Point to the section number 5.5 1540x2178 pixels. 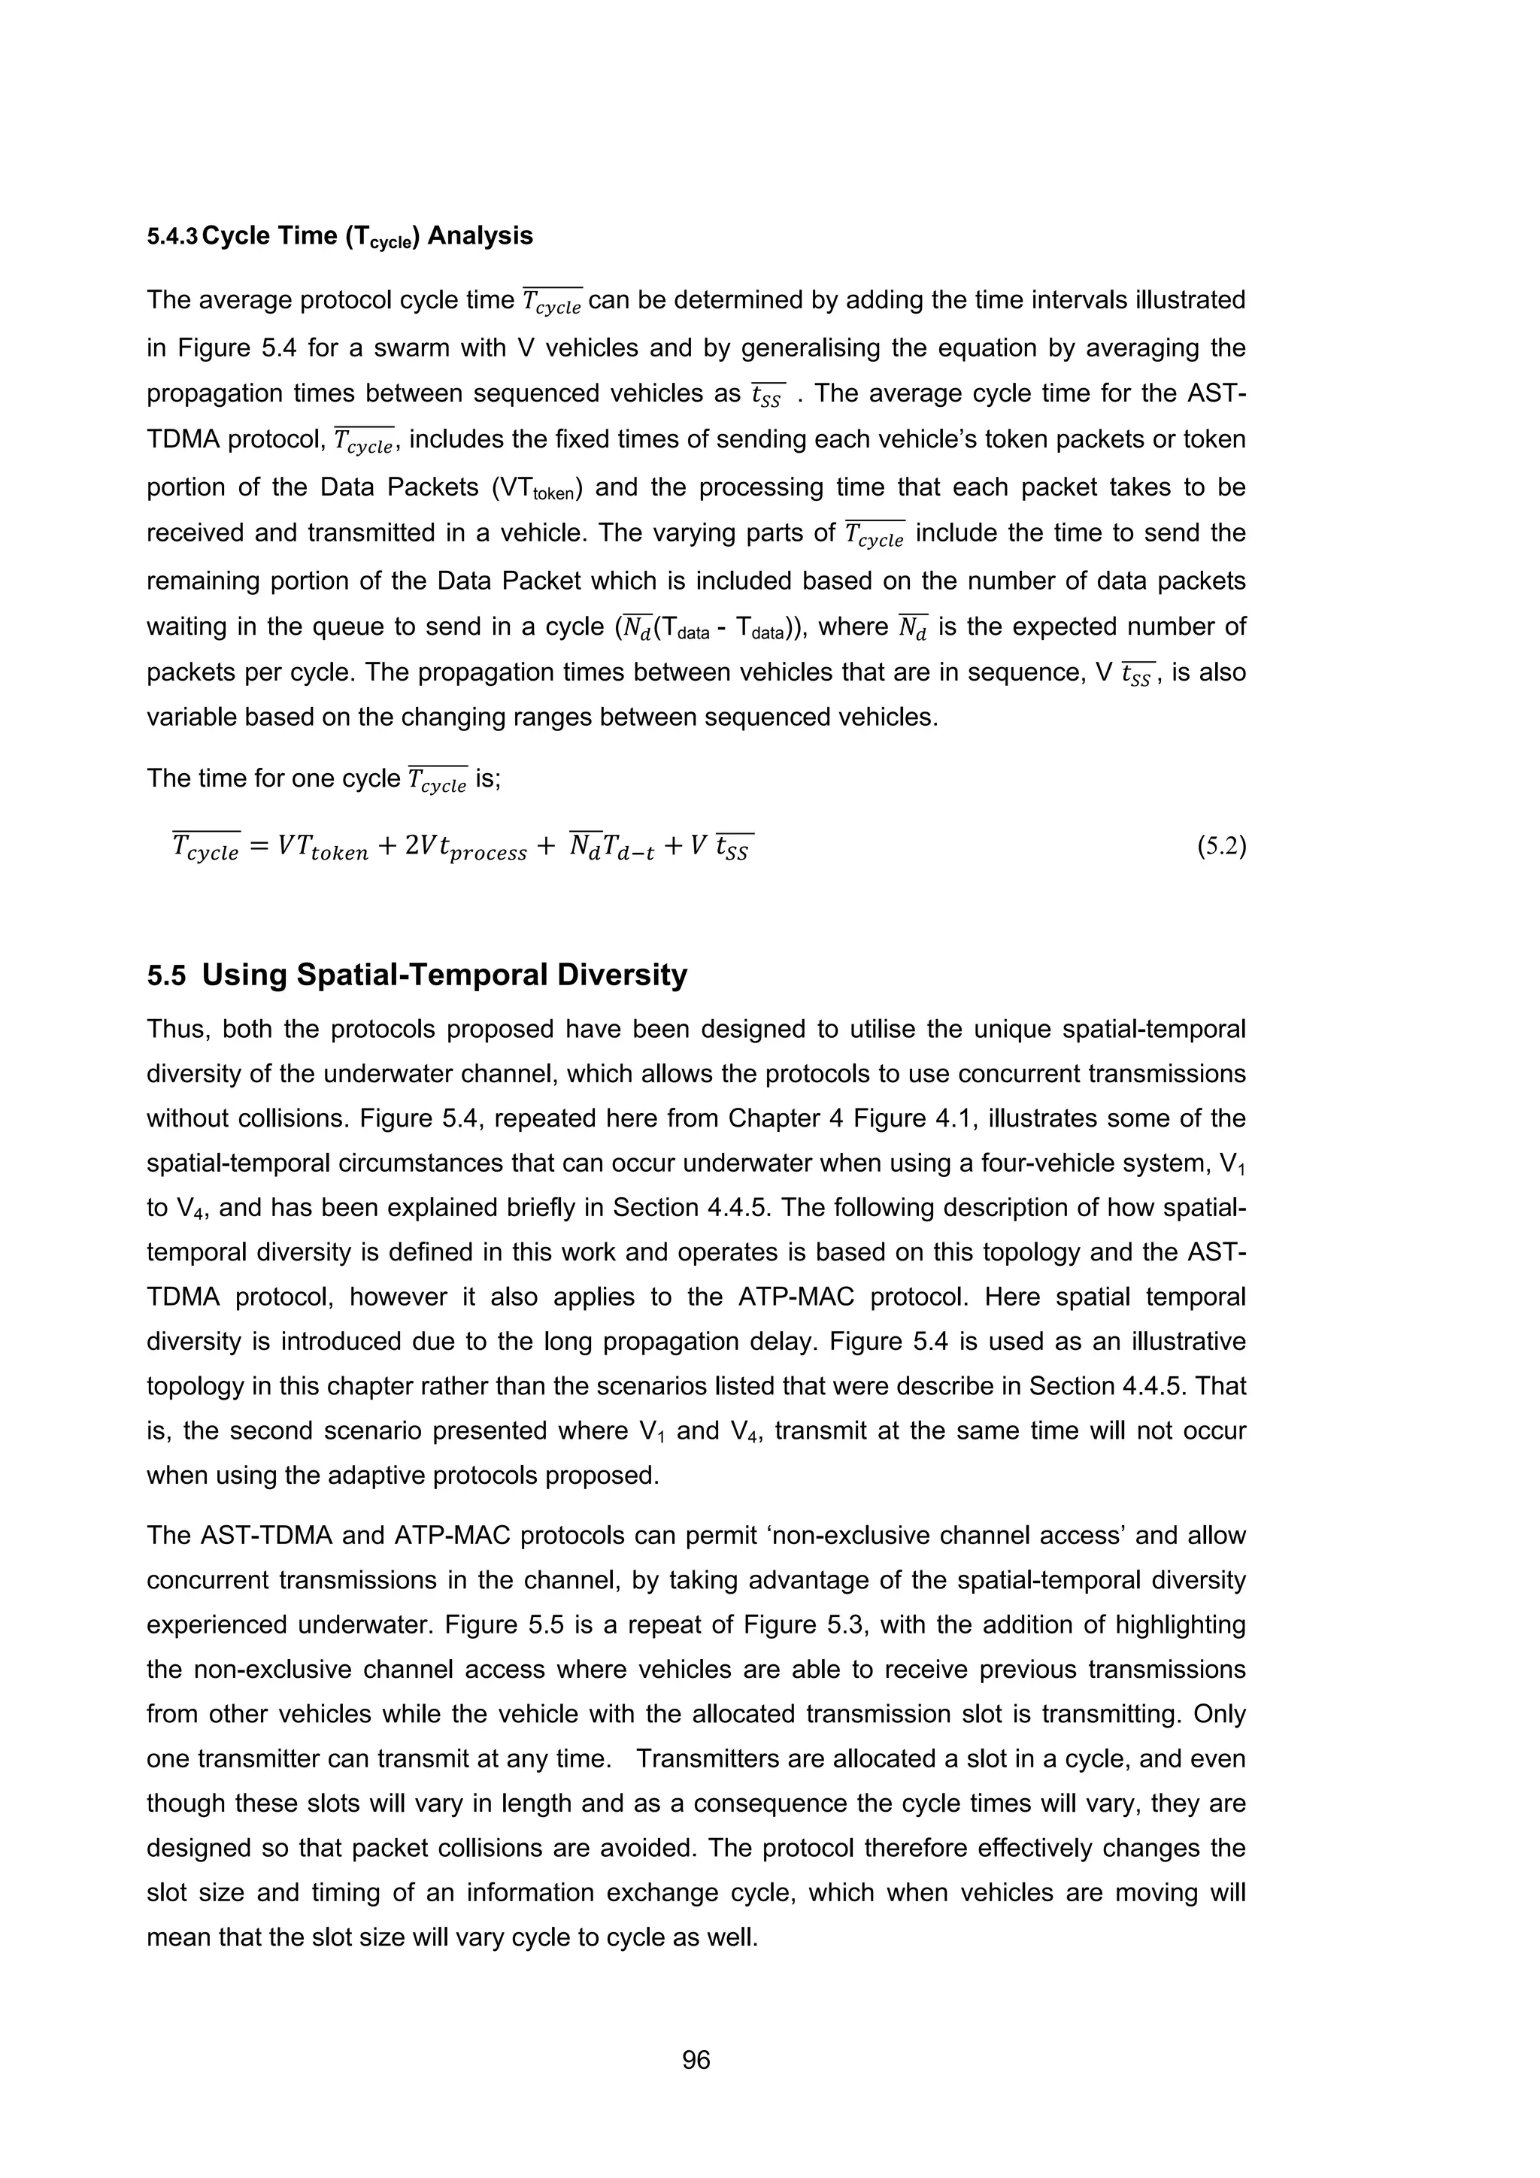(x=166, y=976)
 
